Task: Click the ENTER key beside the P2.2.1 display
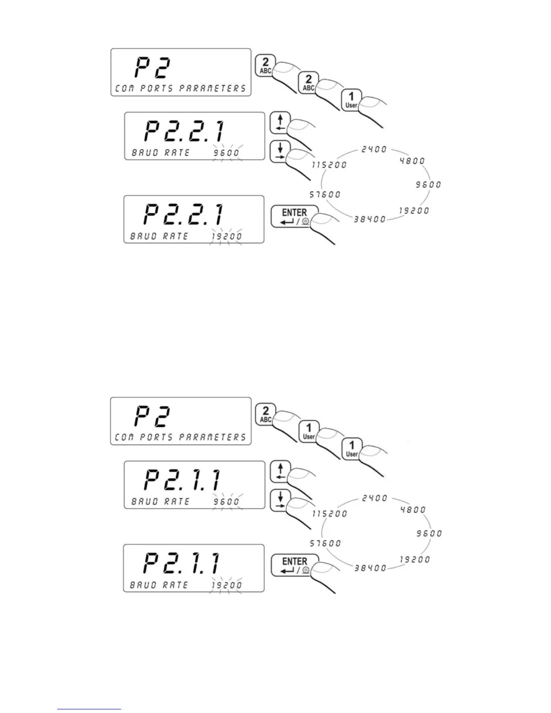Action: [x=294, y=217]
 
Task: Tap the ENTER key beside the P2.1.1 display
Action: [x=294, y=565]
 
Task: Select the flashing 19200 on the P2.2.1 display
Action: [x=226, y=236]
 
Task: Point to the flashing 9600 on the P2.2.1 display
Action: [x=226, y=153]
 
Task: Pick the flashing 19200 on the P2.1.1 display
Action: [x=226, y=585]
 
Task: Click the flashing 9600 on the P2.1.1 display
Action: [x=226, y=501]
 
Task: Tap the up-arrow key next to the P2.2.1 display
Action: [x=280, y=123]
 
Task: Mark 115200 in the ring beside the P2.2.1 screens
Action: [x=330, y=165]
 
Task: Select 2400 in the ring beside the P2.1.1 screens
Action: [x=374, y=498]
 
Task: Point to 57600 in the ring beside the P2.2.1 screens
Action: [x=325, y=194]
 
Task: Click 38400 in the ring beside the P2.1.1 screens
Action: [x=370, y=568]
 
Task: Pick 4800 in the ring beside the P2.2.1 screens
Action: [x=412, y=161]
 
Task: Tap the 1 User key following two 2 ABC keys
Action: [x=351, y=99]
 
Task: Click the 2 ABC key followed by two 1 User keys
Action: [x=265, y=414]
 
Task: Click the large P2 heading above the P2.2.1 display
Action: [x=151, y=69]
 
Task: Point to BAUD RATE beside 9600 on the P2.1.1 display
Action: [x=160, y=501]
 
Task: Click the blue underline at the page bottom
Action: [x=89, y=709]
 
